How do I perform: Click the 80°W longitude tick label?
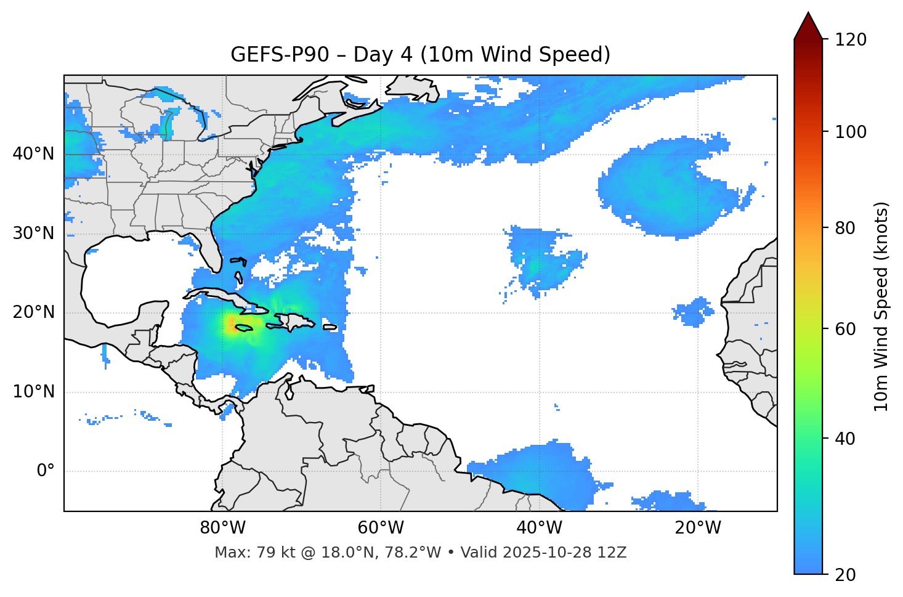pyautogui.click(x=222, y=528)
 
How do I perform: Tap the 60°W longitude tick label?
pyautogui.click(x=380, y=528)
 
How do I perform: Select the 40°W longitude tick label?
pyautogui.click(x=538, y=528)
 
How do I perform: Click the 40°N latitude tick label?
pyautogui.click(x=33, y=154)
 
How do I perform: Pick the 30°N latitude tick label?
pyautogui.click(x=33, y=234)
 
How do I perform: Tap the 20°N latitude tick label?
pyautogui.click(x=33, y=312)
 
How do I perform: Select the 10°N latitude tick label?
pyautogui.click(x=33, y=392)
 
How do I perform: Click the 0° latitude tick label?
pyautogui.click(x=46, y=471)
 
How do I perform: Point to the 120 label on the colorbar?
pyautogui.click(x=851, y=40)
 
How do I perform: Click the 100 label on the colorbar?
pyautogui.click(x=851, y=132)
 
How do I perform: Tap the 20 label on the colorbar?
pyautogui.click(x=845, y=575)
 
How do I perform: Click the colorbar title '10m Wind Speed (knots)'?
pyautogui.click(x=881, y=307)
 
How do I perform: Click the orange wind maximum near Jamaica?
pyautogui.click(x=232, y=324)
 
